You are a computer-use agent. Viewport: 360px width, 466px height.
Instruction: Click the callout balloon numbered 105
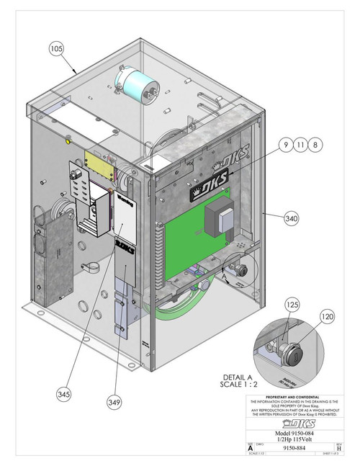tap(57, 48)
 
